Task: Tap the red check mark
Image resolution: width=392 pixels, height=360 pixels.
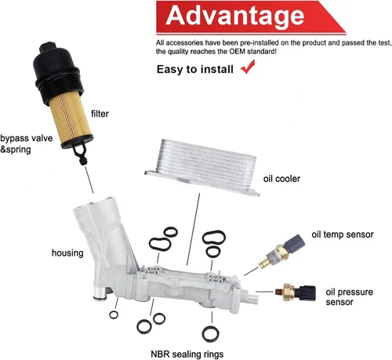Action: click(252, 68)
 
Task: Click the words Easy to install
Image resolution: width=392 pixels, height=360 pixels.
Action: click(196, 69)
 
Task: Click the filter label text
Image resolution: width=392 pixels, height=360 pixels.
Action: click(100, 114)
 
